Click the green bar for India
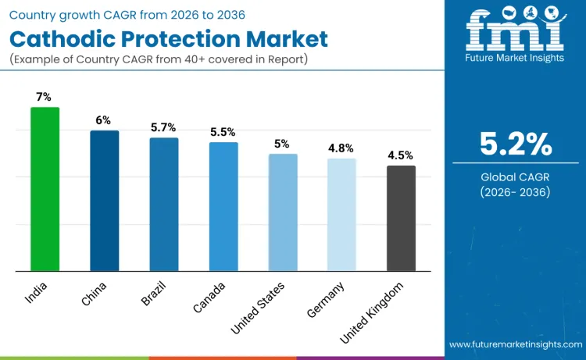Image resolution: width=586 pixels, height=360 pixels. click(45, 189)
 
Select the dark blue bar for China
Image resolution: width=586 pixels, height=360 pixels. click(104, 201)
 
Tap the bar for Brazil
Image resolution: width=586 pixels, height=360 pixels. click(163, 205)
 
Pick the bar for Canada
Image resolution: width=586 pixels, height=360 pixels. click(223, 207)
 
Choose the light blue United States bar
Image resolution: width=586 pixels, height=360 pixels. click(282, 212)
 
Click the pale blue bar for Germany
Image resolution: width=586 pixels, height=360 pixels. click(341, 215)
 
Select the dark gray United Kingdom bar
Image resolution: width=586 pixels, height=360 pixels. click(401, 219)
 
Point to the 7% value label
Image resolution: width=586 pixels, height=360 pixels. click(45, 97)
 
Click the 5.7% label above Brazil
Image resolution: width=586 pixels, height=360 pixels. click(163, 127)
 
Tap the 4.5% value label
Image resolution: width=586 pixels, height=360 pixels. click(401, 155)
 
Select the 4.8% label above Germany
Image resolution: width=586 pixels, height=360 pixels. click(341, 148)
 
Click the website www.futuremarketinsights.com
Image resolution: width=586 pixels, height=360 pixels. click(515, 344)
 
